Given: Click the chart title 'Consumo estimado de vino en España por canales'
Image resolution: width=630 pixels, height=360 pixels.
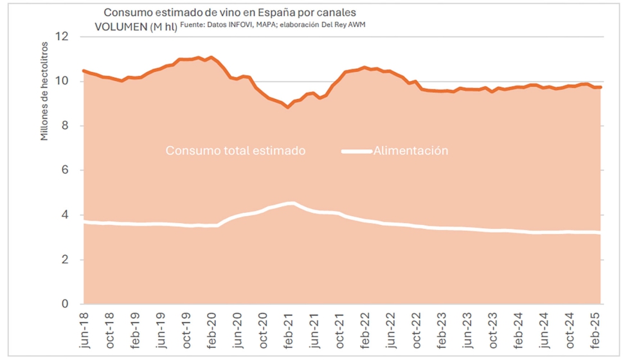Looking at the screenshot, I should (x=230, y=12).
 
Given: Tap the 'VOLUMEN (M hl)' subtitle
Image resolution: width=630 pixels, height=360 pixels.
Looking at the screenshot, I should (x=136, y=26).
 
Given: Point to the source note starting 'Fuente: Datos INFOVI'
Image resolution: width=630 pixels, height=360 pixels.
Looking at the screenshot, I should (x=277, y=24).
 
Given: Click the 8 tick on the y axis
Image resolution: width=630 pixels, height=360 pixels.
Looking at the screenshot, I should (x=64, y=126).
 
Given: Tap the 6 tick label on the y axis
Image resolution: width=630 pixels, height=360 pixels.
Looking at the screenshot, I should (x=64, y=170).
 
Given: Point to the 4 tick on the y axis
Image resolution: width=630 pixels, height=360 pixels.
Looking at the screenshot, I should (x=64, y=215).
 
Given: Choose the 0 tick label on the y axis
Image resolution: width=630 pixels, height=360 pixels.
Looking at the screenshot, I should (x=64, y=304).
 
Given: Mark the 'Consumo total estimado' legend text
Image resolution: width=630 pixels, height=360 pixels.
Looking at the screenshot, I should (x=235, y=151).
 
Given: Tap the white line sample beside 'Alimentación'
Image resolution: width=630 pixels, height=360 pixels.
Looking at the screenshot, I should (x=357, y=152).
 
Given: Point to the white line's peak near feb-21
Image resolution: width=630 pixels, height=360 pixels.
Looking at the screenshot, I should (x=291, y=204).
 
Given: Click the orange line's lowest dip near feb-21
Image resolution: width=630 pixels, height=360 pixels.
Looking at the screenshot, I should (x=287, y=107).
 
